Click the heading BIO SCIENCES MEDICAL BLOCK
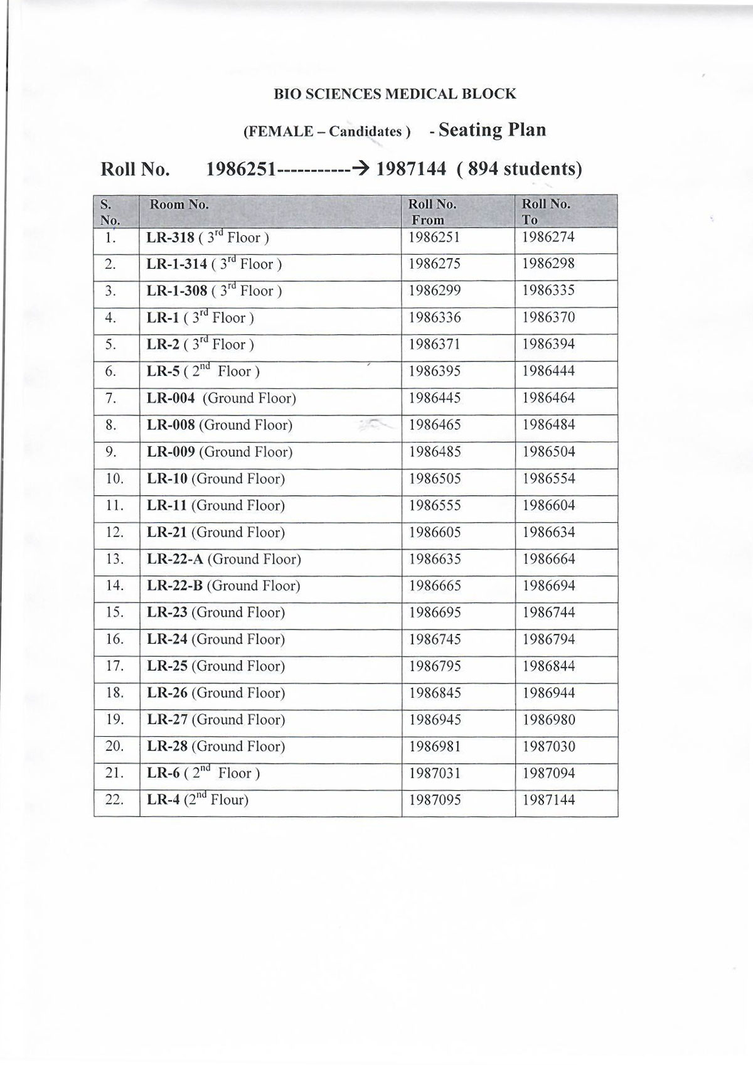click(x=395, y=94)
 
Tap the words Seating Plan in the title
click(x=492, y=130)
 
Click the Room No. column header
click(x=179, y=205)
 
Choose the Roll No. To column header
click(x=545, y=211)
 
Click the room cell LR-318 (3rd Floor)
click(x=208, y=238)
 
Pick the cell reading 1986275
click(x=434, y=264)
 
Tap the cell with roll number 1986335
click(x=548, y=291)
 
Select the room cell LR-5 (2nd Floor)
click(x=203, y=372)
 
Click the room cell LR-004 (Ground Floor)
click(x=221, y=399)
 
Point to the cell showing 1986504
click(x=548, y=452)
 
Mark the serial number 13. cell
click(x=115, y=559)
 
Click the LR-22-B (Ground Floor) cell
click(x=223, y=586)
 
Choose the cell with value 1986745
click(x=434, y=640)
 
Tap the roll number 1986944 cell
click(x=548, y=693)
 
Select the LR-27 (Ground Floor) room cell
click(x=216, y=720)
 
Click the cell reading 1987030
click(x=548, y=747)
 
